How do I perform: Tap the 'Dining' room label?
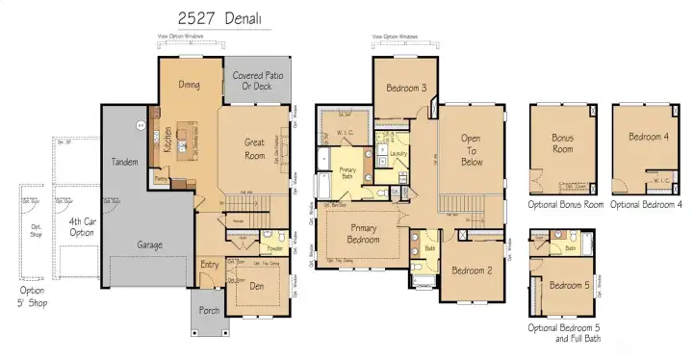point(189,85)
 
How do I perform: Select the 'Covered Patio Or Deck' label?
point(256,82)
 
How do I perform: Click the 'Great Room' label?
point(254,148)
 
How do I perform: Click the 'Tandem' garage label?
point(124,162)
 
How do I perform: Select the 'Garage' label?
point(148,244)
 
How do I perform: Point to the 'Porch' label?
point(209,311)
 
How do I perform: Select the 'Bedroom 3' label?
point(406,89)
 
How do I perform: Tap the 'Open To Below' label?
point(471,149)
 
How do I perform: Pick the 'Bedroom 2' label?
point(471,270)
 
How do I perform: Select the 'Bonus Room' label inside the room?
point(562,144)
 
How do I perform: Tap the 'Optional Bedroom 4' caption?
point(647,205)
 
